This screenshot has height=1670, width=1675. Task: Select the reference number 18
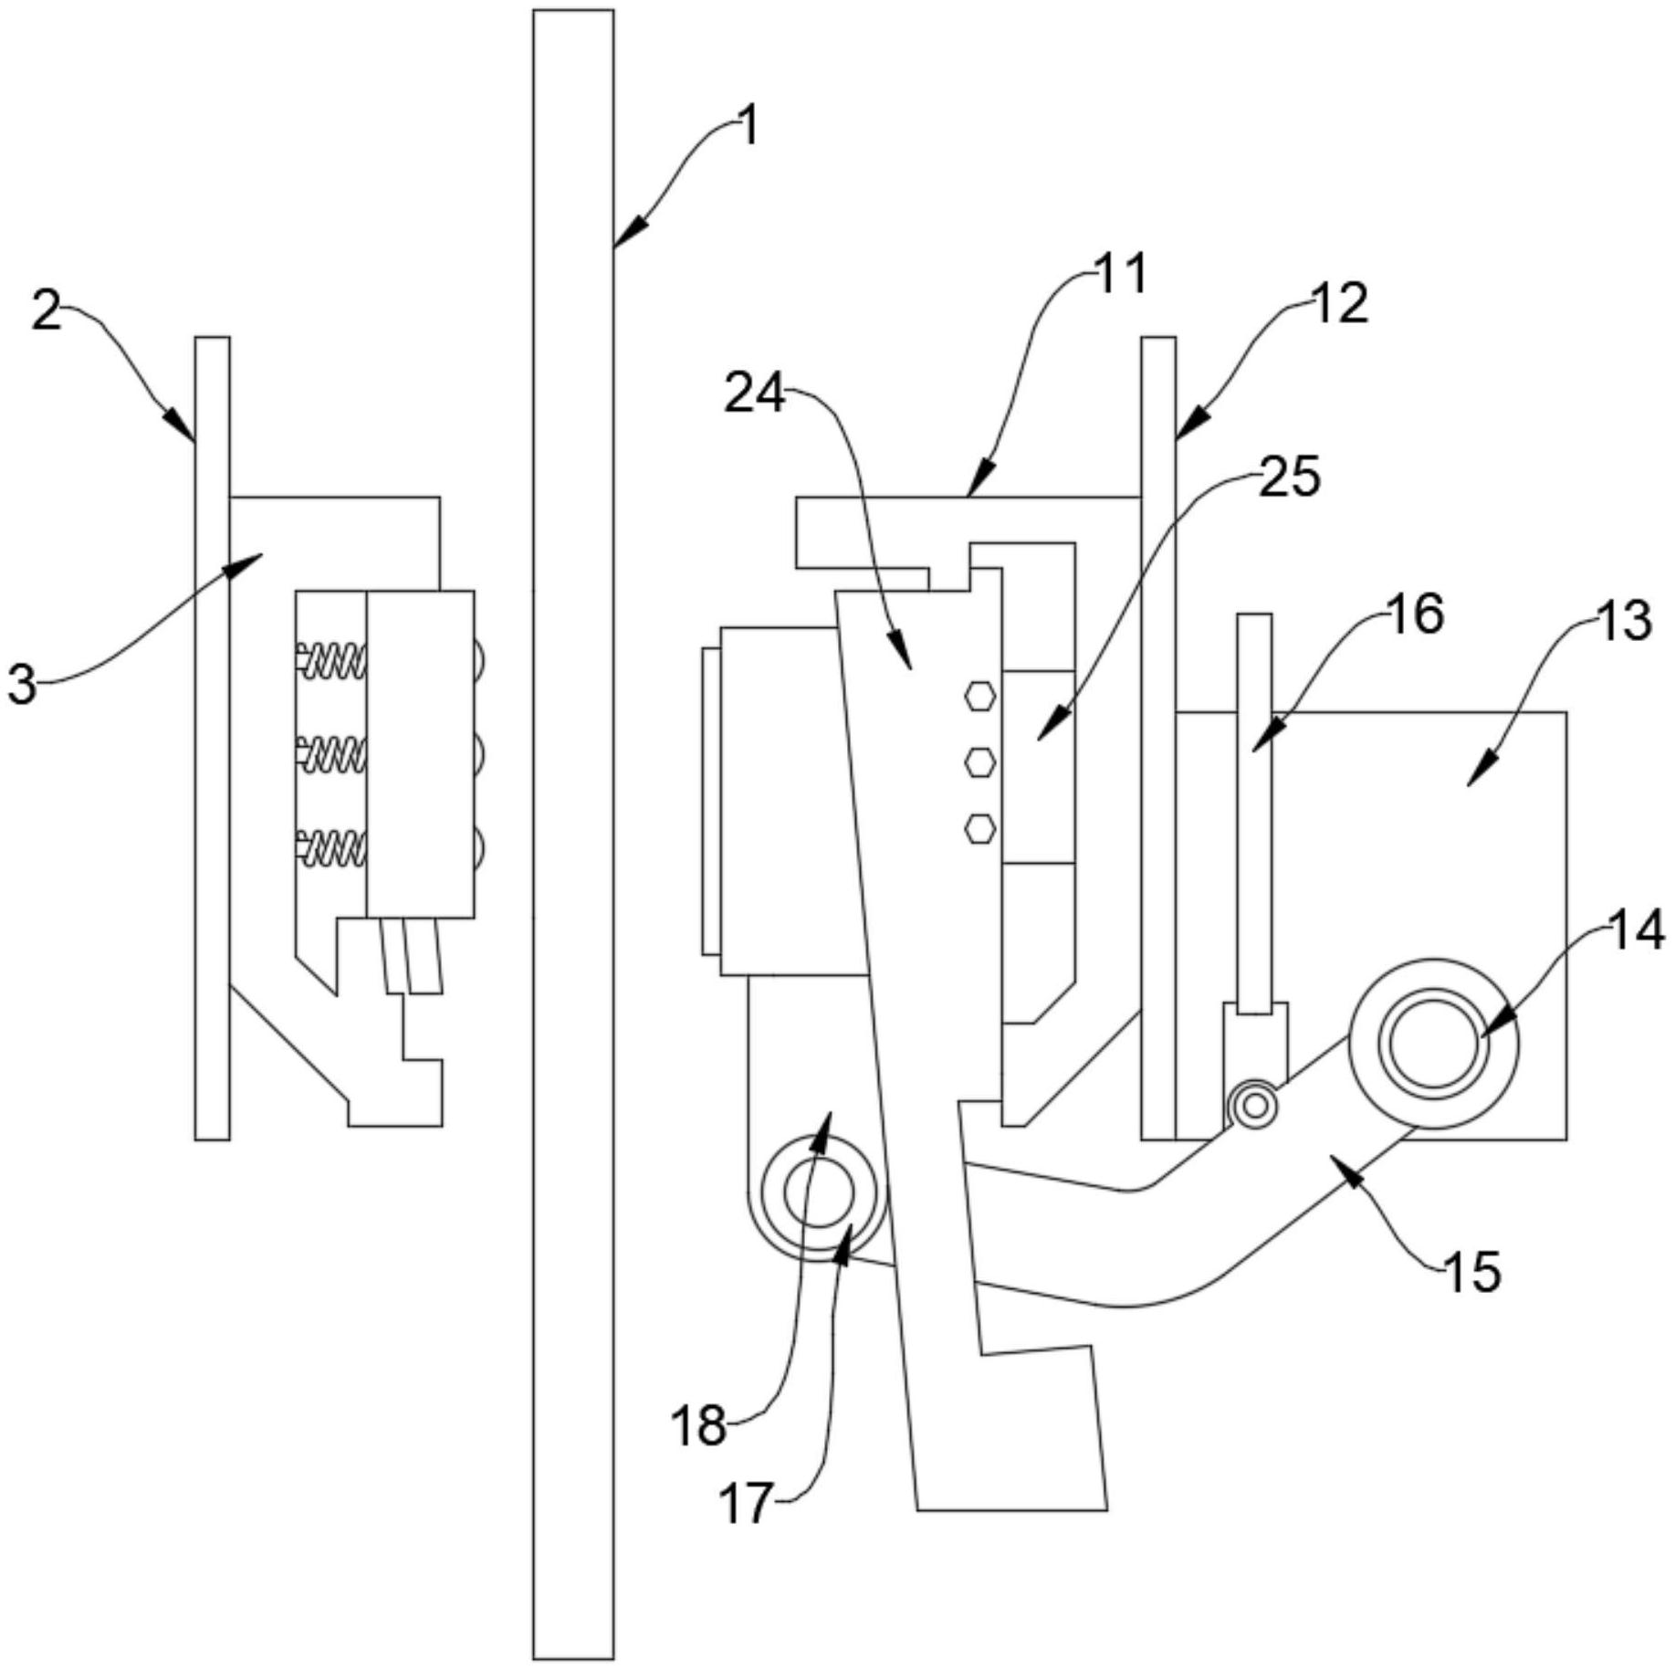pos(699,1425)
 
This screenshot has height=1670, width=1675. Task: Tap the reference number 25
pos(1290,477)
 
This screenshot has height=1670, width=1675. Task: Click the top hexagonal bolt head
pos(980,697)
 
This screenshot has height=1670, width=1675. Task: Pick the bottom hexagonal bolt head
pos(980,828)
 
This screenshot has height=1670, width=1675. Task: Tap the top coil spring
pos(333,660)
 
